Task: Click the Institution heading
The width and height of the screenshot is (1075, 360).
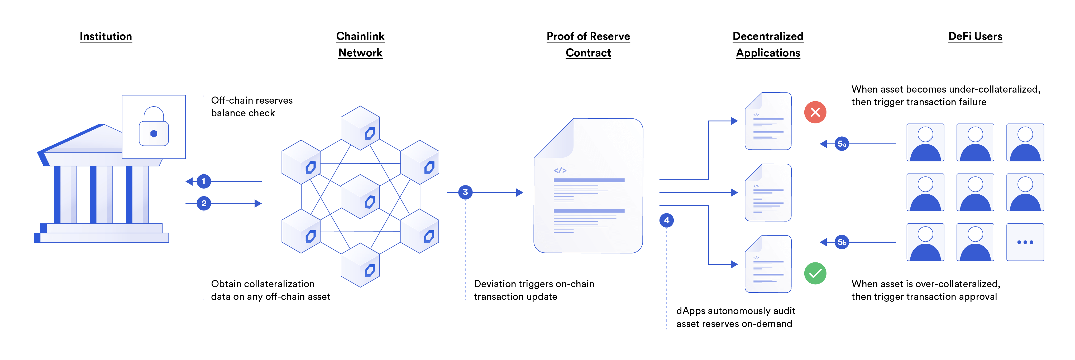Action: [106, 36]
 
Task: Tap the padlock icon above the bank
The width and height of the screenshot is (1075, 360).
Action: [154, 127]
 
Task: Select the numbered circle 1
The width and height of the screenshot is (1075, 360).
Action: [204, 181]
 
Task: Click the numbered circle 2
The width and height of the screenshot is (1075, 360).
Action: [204, 204]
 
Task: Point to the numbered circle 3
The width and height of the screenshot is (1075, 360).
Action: [465, 192]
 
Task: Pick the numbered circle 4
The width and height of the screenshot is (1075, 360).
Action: [666, 220]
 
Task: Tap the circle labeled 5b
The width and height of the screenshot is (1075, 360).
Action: [842, 242]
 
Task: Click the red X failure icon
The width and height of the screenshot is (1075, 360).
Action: [815, 112]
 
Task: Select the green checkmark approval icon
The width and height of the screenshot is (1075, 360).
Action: [815, 274]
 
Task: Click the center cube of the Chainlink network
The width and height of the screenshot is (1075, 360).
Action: [360, 197]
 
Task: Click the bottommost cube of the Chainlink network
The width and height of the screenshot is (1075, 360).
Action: [360, 265]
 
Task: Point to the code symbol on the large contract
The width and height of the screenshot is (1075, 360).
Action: [560, 170]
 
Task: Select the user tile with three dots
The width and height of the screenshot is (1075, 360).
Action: [1025, 242]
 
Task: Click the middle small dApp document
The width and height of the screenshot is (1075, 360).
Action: [768, 192]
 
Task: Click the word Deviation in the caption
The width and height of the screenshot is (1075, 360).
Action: [494, 284]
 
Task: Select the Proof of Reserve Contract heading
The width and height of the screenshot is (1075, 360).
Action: [588, 44]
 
